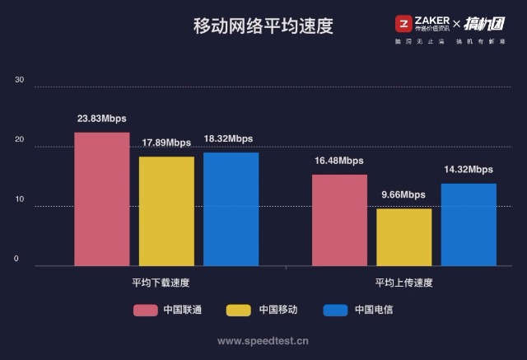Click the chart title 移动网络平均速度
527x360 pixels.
263,26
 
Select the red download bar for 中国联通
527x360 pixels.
102,199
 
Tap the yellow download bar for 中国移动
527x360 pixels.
166,211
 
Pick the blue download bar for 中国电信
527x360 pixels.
231,208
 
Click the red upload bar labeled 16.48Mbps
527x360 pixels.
339,220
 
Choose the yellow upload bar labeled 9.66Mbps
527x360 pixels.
403,237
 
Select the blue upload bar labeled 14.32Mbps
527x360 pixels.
469,224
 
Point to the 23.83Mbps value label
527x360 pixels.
102,119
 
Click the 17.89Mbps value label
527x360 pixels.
166,143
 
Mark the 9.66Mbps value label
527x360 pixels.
403,194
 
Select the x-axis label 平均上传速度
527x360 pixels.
403,282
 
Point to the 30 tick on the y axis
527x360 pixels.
20,80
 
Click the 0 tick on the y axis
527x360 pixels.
16,259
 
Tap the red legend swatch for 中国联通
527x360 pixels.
146,311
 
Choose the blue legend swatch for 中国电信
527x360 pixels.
335,311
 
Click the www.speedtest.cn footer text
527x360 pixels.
263,339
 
